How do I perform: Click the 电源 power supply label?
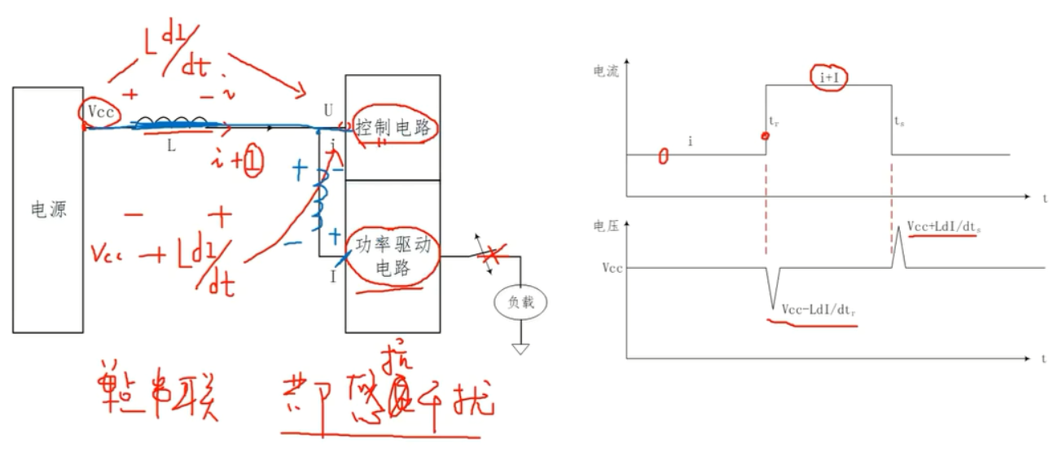[46, 210]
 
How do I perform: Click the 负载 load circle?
[520, 303]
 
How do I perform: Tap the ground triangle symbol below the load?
[520, 349]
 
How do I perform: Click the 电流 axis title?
[607, 71]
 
